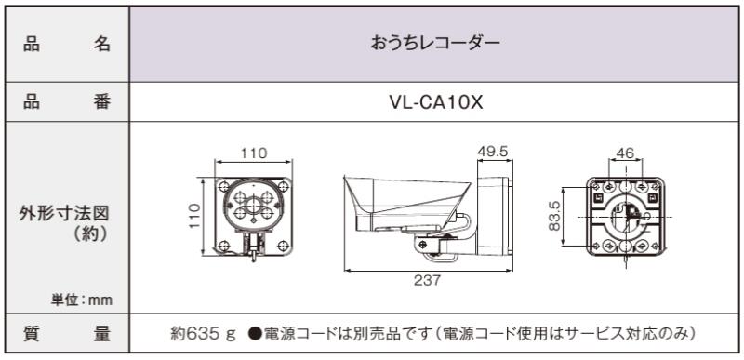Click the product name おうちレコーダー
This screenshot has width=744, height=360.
pos(436,44)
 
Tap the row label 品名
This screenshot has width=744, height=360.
pos(66,44)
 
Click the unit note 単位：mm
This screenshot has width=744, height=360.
pos(82,300)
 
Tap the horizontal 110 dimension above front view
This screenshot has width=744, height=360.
pos(253,153)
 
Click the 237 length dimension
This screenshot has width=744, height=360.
pos(428,279)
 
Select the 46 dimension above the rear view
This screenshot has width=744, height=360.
pos(625,153)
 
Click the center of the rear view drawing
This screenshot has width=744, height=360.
pos(626,216)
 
